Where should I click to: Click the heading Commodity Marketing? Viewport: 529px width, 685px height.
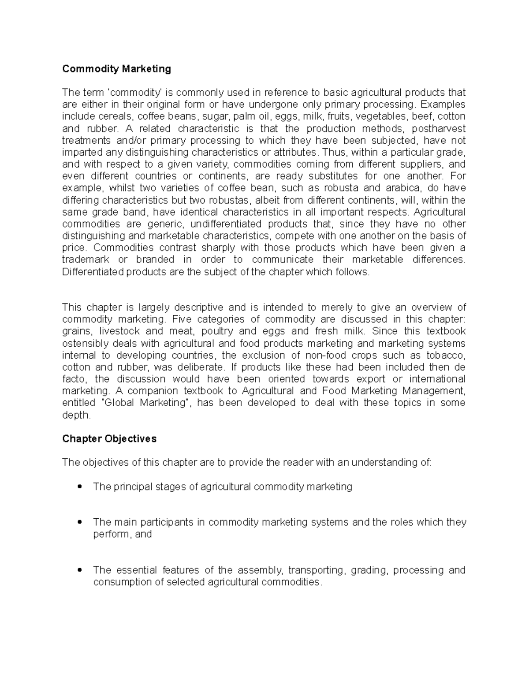[116, 69]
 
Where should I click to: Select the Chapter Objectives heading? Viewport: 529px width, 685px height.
[109, 439]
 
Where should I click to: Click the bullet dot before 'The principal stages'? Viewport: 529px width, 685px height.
[80, 487]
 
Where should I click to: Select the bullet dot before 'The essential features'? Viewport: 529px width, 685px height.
[80, 570]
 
